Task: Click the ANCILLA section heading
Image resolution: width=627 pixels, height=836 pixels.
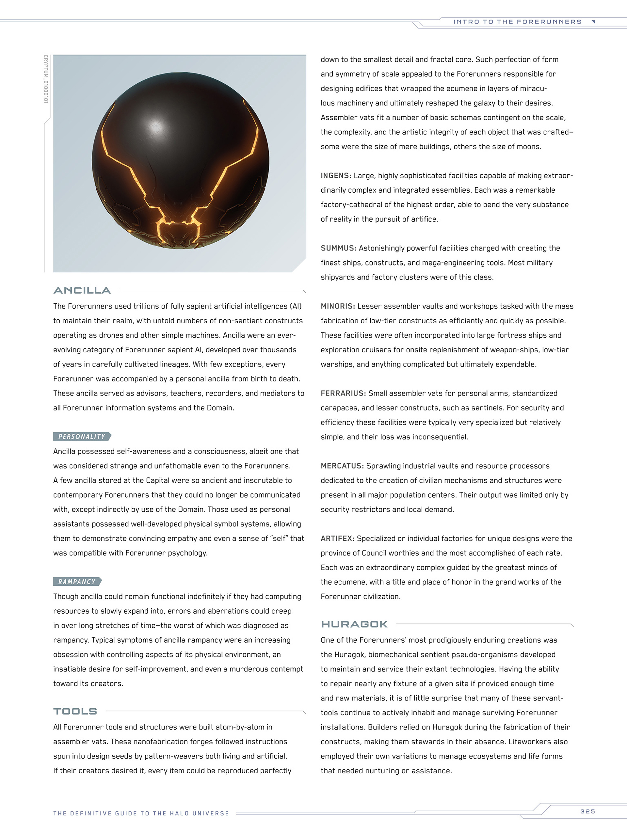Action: tap(82, 290)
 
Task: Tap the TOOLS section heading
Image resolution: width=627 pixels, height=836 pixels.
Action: tap(75, 711)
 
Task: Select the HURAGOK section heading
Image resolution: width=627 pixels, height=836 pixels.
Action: tap(354, 624)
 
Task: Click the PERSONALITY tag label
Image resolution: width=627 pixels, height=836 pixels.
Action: tap(82, 437)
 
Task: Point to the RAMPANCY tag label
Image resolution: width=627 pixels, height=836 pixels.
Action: tap(77, 582)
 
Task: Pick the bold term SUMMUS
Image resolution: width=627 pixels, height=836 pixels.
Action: tap(338, 248)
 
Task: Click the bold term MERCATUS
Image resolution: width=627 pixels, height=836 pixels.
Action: tap(342, 466)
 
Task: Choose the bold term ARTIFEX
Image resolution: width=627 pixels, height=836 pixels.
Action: tap(337, 539)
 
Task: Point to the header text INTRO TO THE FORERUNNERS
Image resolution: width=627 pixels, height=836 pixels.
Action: tap(517, 22)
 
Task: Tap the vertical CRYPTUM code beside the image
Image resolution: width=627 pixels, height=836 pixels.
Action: tap(46, 79)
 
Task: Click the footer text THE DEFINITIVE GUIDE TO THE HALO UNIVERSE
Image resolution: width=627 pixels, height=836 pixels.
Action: tap(141, 813)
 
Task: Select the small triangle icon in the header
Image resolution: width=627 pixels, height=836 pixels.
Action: tap(594, 22)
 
